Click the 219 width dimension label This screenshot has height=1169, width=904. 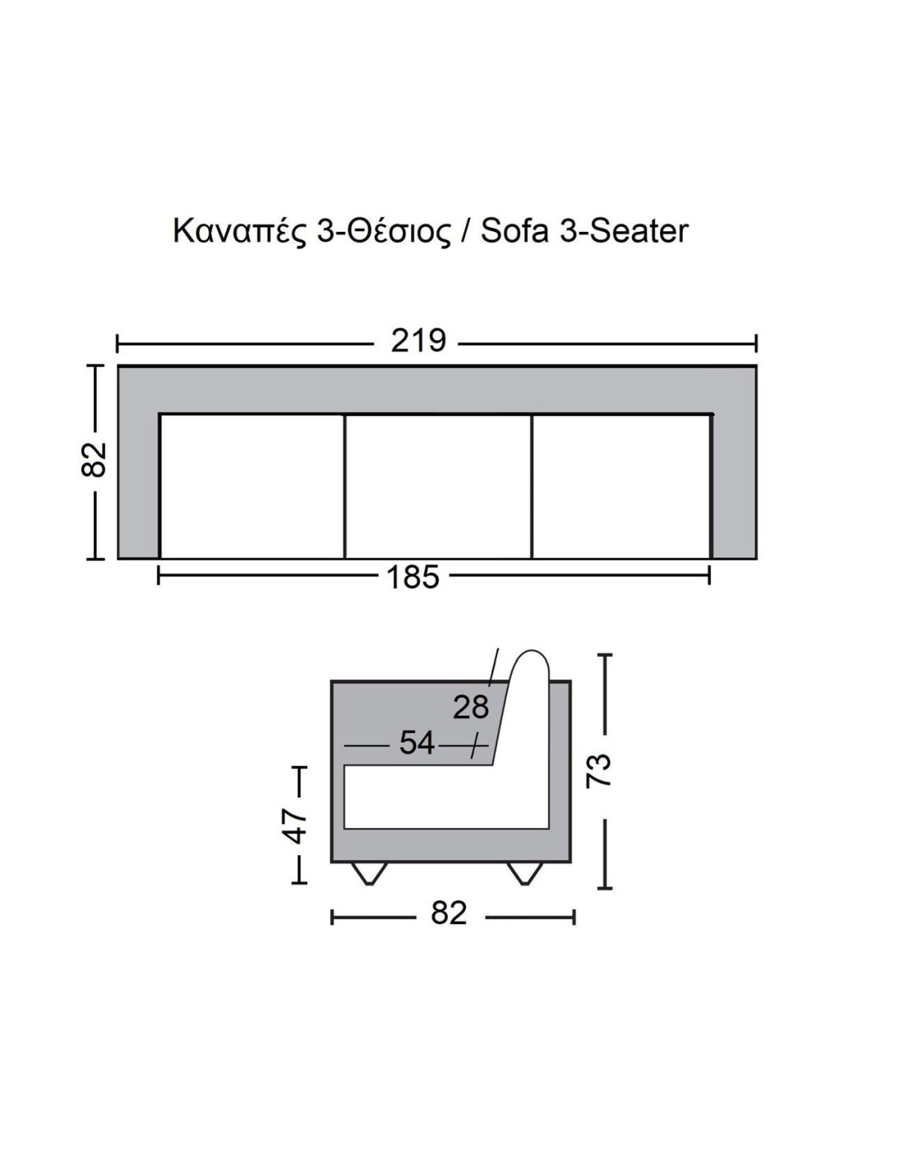point(417,340)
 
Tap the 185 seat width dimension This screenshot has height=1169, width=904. point(413,576)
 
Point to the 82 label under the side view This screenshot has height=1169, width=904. point(449,913)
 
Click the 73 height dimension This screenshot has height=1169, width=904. point(598,769)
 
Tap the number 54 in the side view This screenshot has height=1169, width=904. point(417,743)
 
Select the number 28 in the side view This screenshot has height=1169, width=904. point(471,707)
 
